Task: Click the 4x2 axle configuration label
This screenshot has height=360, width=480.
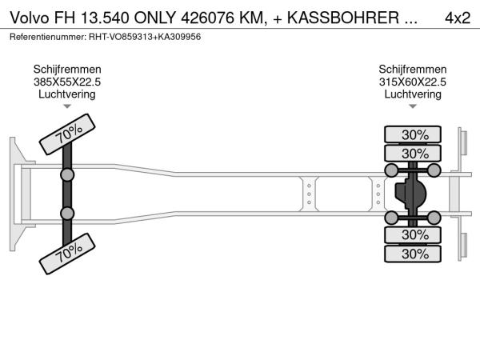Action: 458,18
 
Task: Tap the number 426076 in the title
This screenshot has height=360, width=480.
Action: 209,18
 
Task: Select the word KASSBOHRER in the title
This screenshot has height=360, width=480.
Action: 343,18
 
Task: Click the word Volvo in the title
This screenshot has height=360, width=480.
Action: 30,18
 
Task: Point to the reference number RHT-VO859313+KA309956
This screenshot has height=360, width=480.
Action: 145,37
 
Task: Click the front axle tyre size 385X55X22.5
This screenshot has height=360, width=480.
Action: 67,82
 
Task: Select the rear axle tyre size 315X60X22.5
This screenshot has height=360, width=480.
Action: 413,82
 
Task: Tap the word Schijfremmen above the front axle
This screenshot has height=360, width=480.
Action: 67,69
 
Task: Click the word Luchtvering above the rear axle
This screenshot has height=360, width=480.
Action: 413,94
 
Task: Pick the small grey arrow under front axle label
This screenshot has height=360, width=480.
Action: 67,106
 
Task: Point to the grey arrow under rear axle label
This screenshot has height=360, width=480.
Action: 413,106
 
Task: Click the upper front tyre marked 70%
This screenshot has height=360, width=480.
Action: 67,134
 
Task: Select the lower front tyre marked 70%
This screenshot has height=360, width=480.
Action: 67,254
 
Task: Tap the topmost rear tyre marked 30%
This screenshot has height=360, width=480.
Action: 413,134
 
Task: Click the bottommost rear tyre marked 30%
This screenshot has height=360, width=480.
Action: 413,254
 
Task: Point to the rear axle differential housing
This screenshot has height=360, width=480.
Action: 410,194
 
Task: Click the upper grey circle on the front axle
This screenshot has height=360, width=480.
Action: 67,175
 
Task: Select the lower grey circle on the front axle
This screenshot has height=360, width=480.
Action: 67,214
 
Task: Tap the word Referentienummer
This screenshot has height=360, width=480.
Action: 48,37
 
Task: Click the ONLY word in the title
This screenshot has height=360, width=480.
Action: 155,18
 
